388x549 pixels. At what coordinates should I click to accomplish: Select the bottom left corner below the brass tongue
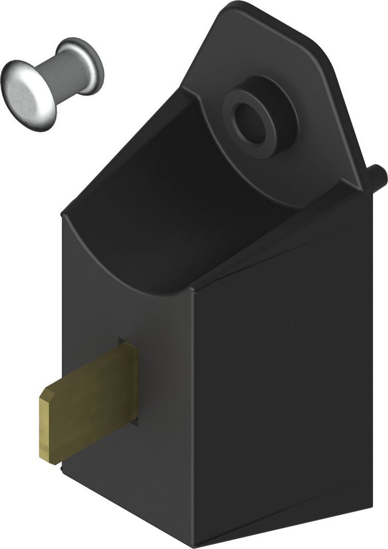[63, 470]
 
